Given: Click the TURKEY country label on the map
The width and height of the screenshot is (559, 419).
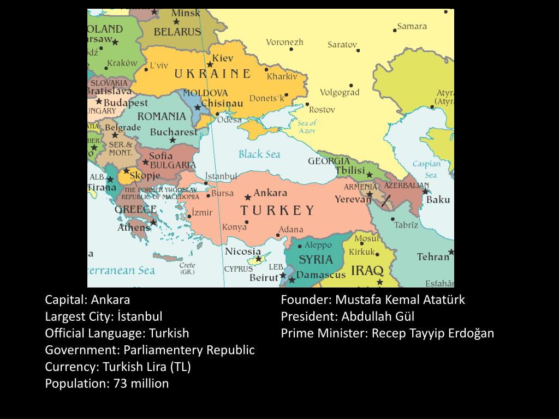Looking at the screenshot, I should [x=277, y=211].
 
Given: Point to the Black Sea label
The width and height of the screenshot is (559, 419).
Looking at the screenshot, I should [x=259, y=154].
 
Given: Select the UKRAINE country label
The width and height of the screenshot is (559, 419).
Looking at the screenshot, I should [x=212, y=74].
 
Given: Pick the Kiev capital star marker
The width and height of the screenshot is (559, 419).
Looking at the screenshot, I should [x=210, y=64].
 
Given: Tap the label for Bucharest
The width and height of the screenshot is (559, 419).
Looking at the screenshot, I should [x=174, y=132].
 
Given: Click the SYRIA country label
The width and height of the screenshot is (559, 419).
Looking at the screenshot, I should [x=316, y=259].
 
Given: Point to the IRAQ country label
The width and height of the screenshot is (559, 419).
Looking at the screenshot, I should [x=367, y=270].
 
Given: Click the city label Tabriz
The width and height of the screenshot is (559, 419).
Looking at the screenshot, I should [x=406, y=225].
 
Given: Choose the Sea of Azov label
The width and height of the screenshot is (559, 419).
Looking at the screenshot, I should [x=307, y=127].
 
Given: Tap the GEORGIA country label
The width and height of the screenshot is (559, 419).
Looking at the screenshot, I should [x=329, y=161].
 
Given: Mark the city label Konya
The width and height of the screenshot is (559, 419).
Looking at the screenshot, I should [x=234, y=227].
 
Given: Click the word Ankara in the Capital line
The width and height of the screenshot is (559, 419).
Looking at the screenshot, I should [x=111, y=300].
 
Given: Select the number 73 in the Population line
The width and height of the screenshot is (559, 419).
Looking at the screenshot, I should [x=120, y=384].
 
